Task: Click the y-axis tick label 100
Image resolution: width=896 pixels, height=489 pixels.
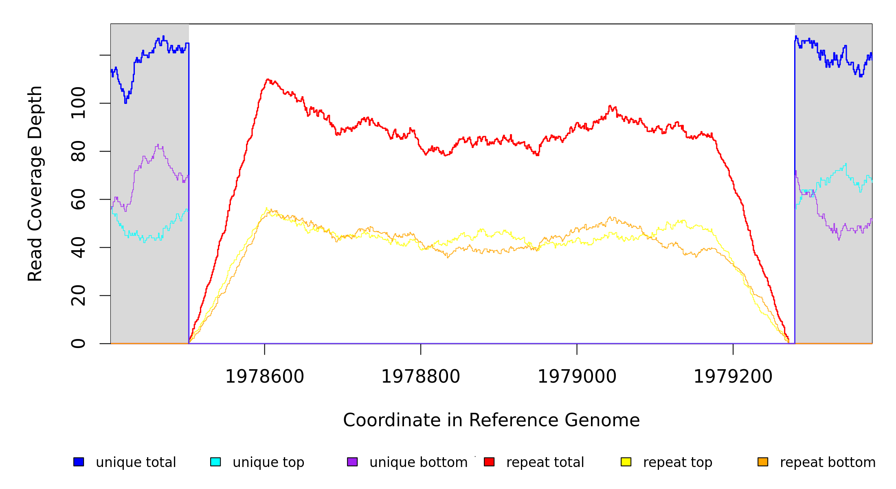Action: [x=78, y=103]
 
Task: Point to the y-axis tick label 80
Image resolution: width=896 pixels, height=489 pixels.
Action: [x=78, y=151]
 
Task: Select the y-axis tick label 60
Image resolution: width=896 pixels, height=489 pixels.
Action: [x=78, y=199]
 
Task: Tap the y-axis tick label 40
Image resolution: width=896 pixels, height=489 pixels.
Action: [x=78, y=247]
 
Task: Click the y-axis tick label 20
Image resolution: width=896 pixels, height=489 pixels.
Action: [x=78, y=295]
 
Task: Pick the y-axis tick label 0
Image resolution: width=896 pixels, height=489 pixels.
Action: [x=78, y=344]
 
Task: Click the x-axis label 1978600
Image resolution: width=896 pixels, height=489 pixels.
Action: [x=265, y=377]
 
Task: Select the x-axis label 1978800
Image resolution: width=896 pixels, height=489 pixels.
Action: [x=421, y=377]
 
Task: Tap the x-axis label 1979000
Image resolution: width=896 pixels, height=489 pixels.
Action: [x=577, y=377]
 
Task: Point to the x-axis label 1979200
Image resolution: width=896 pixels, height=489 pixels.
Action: [x=733, y=377]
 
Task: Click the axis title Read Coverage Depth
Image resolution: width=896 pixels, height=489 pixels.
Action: [x=35, y=183]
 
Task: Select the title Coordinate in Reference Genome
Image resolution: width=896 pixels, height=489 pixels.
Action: [x=491, y=421]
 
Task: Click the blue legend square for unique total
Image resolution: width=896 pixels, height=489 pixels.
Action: [x=79, y=462]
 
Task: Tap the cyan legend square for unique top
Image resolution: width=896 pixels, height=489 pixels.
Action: [x=215, y=462]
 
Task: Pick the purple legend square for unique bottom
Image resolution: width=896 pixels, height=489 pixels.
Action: [x=352, y=462]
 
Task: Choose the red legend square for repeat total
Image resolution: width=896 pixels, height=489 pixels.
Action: [x=489, y=462]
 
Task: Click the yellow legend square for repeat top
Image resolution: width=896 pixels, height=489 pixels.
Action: [x=626, y=462]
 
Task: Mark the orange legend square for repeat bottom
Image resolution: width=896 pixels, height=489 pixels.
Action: [x=763, y=462]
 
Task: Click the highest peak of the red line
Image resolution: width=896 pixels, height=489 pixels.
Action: [x=268, y=79]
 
